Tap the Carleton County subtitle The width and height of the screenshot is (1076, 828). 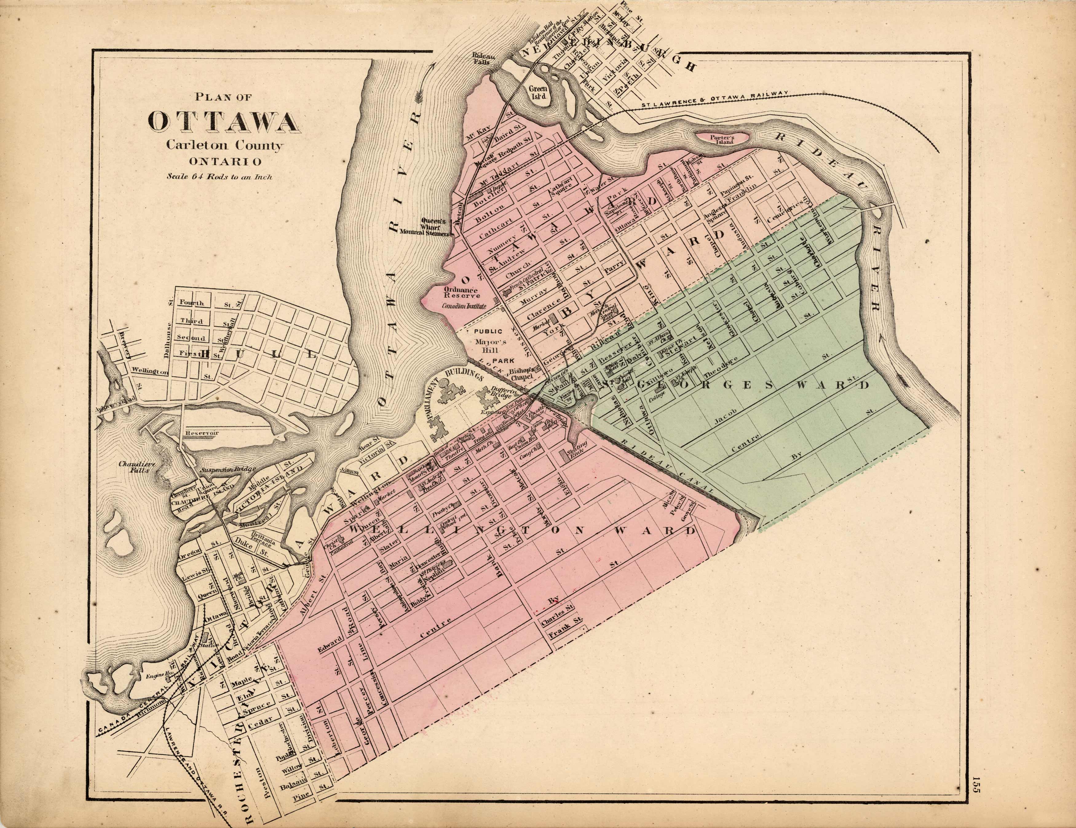(x=225, y=145)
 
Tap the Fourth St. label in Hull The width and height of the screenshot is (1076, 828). (x=192, y=303)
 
